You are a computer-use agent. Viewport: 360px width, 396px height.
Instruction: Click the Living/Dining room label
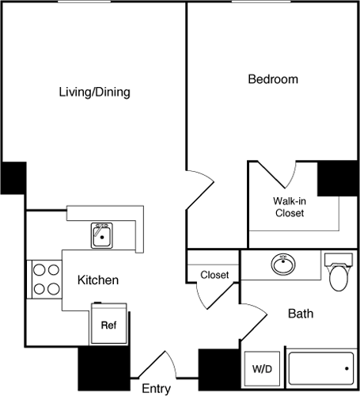tap(94, 92)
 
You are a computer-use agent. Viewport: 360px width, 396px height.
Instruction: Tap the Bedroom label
tap(273, 79)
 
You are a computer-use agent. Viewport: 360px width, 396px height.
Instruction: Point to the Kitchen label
tap(98, 280)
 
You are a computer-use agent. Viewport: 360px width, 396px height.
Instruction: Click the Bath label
tap(300, 314)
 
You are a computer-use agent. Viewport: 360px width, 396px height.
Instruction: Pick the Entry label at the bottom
tap(156, 388)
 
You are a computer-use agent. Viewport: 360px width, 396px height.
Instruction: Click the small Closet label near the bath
tap(214, 276)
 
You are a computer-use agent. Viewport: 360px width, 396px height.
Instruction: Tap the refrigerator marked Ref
tap(108, 326)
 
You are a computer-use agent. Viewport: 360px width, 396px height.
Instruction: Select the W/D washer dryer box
tap(262, 368)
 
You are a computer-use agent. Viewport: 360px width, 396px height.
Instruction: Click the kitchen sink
tap(102, 235)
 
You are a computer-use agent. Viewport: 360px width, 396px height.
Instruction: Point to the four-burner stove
tap(46, 279)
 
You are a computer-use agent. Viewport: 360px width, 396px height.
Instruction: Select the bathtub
tap(321, 368)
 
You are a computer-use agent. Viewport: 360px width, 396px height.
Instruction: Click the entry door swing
tap(153, 363)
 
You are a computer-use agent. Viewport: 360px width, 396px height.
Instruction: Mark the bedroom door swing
tap(201, 185)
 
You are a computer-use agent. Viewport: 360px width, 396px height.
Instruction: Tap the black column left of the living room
tap(13, 177)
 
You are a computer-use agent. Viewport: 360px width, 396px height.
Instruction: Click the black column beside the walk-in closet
tap(338, 178)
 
